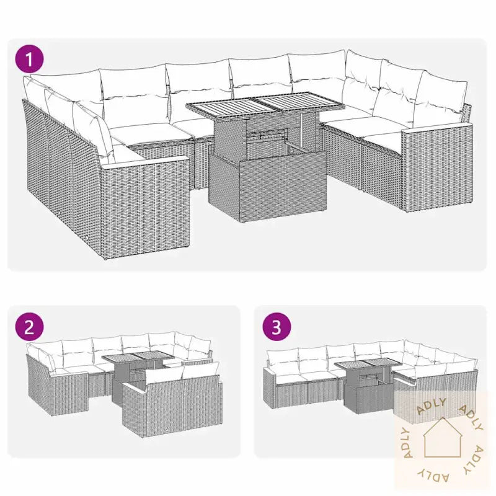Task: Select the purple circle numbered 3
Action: [277, 327]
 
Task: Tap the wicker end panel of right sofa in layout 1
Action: [437, 167]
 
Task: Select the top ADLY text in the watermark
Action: [433, 408]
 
